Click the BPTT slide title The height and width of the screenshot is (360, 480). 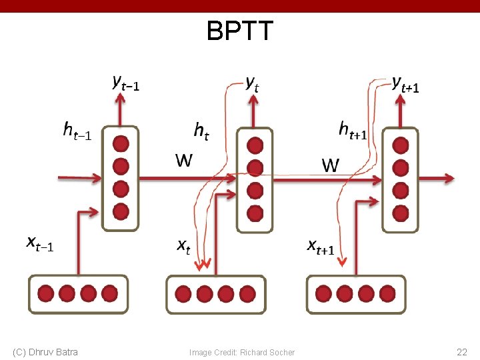point(240,31)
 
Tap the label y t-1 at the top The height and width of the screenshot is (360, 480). point(126,83)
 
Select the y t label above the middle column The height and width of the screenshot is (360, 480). point(252,83)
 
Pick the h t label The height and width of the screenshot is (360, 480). point(201,130)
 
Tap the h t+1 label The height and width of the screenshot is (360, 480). point(353,129)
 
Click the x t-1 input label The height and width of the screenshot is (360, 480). point(41,244)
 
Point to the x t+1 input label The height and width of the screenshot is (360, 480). point(321,247)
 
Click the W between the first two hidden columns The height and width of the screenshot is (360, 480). point(184,161)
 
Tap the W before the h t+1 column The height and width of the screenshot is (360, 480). point(331,165)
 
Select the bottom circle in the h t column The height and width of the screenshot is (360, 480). point(255,213)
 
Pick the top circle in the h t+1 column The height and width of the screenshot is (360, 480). point(400,145)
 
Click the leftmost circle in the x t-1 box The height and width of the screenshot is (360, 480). point(46,293)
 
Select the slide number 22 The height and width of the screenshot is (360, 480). point(461,352)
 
